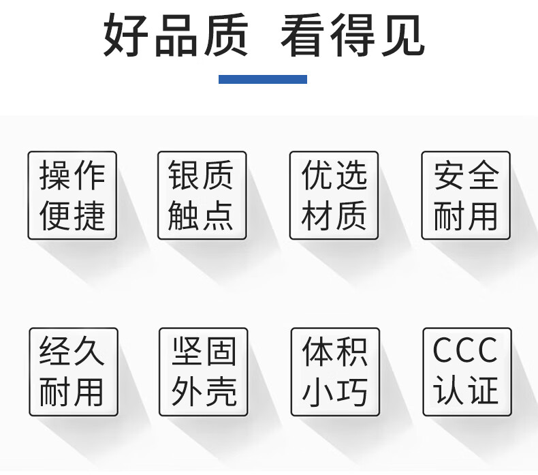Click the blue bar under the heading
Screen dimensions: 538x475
(x=262, y=79)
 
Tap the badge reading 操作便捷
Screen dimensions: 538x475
(x=72, y=196)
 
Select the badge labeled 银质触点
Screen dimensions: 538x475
(x=202, y=196)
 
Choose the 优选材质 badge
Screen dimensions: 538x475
(x=334, y=196)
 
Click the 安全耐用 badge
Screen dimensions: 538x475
(x=466, y=196)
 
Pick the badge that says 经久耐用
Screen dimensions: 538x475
(x=73, y=372)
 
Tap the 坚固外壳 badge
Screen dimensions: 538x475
(x=203, y=372)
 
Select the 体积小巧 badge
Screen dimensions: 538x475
(x=335, y=372)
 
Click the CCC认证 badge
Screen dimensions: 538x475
(x=466, y=372)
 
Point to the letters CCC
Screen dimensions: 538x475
(x=466, y=352)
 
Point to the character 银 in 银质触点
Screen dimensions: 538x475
(x=184, y=176)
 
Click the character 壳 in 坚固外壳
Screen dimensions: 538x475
(x=221, y=393)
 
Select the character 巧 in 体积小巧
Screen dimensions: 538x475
(x=353, y=393)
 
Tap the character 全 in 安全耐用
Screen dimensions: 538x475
(x=483, y=176)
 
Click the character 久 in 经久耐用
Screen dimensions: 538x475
(x=90, y=352)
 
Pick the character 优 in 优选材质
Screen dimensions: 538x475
(x=317, y=176)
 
